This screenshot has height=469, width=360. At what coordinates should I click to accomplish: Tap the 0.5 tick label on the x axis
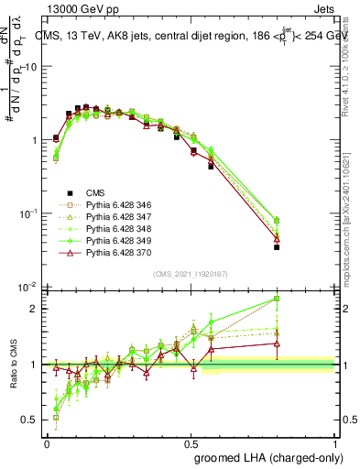pyautogui.click(x=191, y=443)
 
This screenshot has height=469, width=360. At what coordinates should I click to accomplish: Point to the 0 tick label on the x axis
pyautogui.click(x=47, y=443)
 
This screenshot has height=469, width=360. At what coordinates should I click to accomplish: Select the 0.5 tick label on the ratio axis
pyautogui.click(x=28, y=420)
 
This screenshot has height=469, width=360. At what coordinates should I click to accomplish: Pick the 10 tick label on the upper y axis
pyautogui.click(x=28, y=67)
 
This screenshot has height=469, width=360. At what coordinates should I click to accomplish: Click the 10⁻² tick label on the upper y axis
pyautogui.click(x=27, y=287)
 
